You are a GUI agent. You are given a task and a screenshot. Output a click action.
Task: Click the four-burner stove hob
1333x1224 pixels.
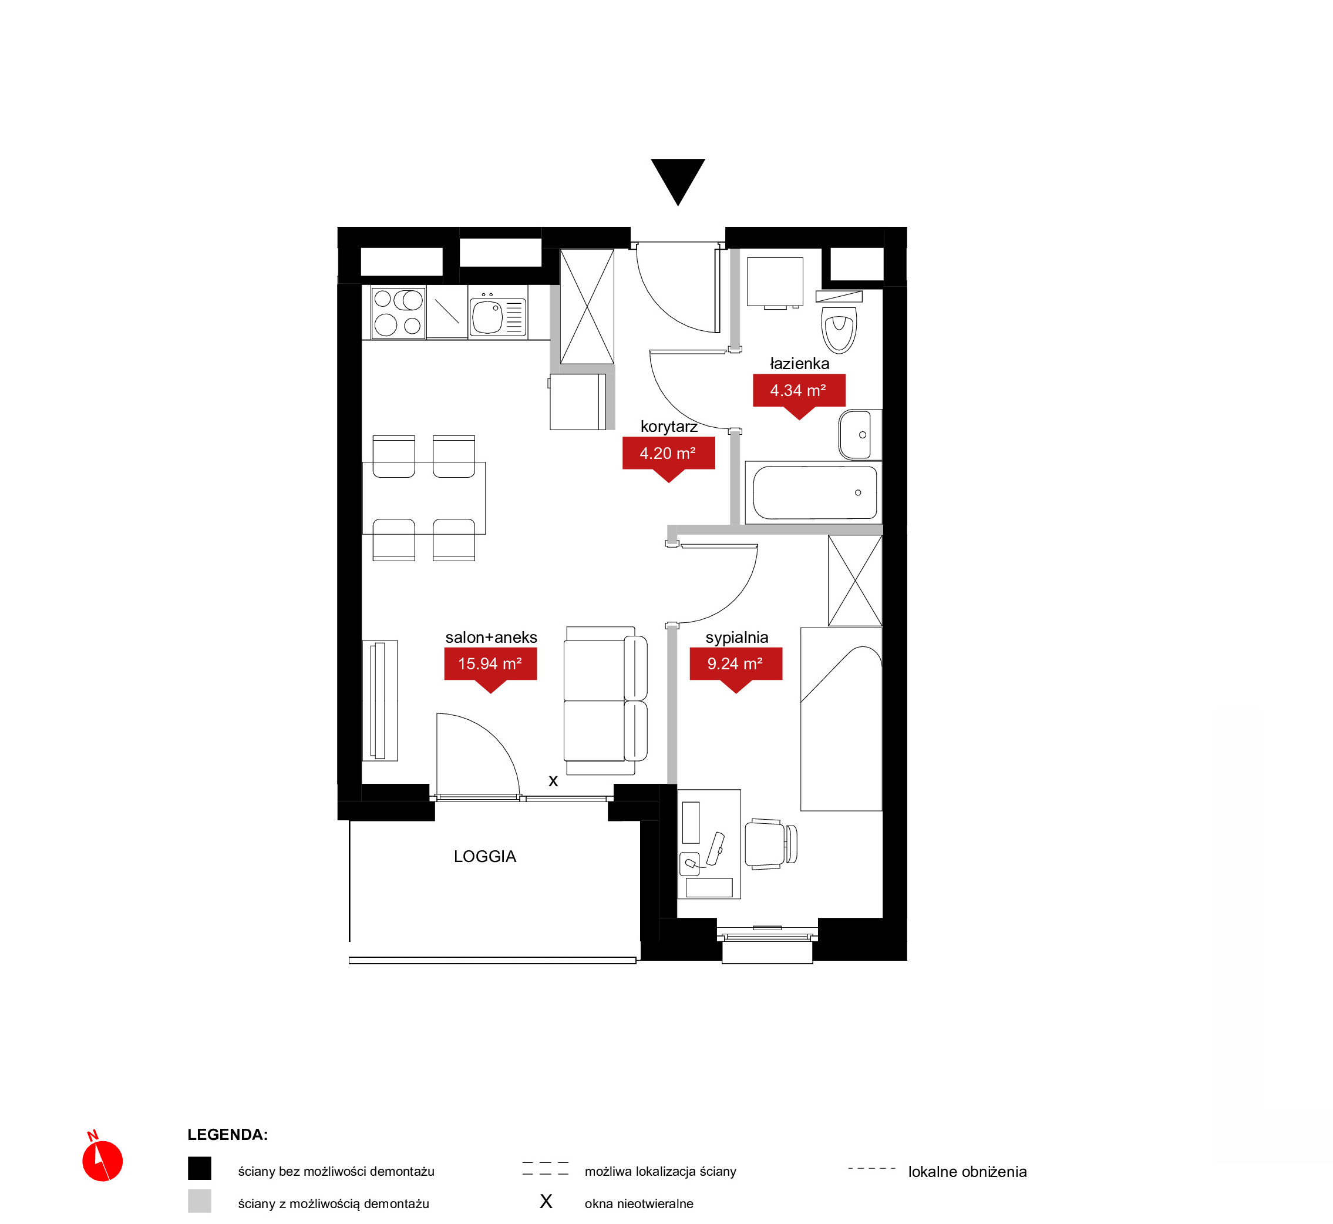click(x=398, y=313)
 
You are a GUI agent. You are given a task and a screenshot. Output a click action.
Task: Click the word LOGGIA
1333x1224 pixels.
click(x=485, y=856)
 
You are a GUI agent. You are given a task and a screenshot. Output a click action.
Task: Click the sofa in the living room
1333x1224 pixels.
click(x=605, y=700)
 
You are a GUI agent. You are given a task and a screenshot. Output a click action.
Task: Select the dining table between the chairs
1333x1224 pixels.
click(x=423, y=498)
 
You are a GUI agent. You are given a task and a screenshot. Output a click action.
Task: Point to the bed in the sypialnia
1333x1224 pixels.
click(x=841, y=719)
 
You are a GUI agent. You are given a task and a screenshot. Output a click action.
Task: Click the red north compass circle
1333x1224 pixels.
click(x=103, y=1161)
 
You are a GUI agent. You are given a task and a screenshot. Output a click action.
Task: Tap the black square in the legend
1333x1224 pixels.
click(x=199, y=1168)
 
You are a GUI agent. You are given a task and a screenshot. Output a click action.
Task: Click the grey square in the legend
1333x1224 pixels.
click(x=199, y=1201)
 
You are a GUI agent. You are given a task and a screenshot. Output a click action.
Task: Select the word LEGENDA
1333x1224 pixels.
click(x=228, y=1135)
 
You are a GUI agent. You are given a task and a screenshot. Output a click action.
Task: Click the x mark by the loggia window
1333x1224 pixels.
click(x=553, y=781)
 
